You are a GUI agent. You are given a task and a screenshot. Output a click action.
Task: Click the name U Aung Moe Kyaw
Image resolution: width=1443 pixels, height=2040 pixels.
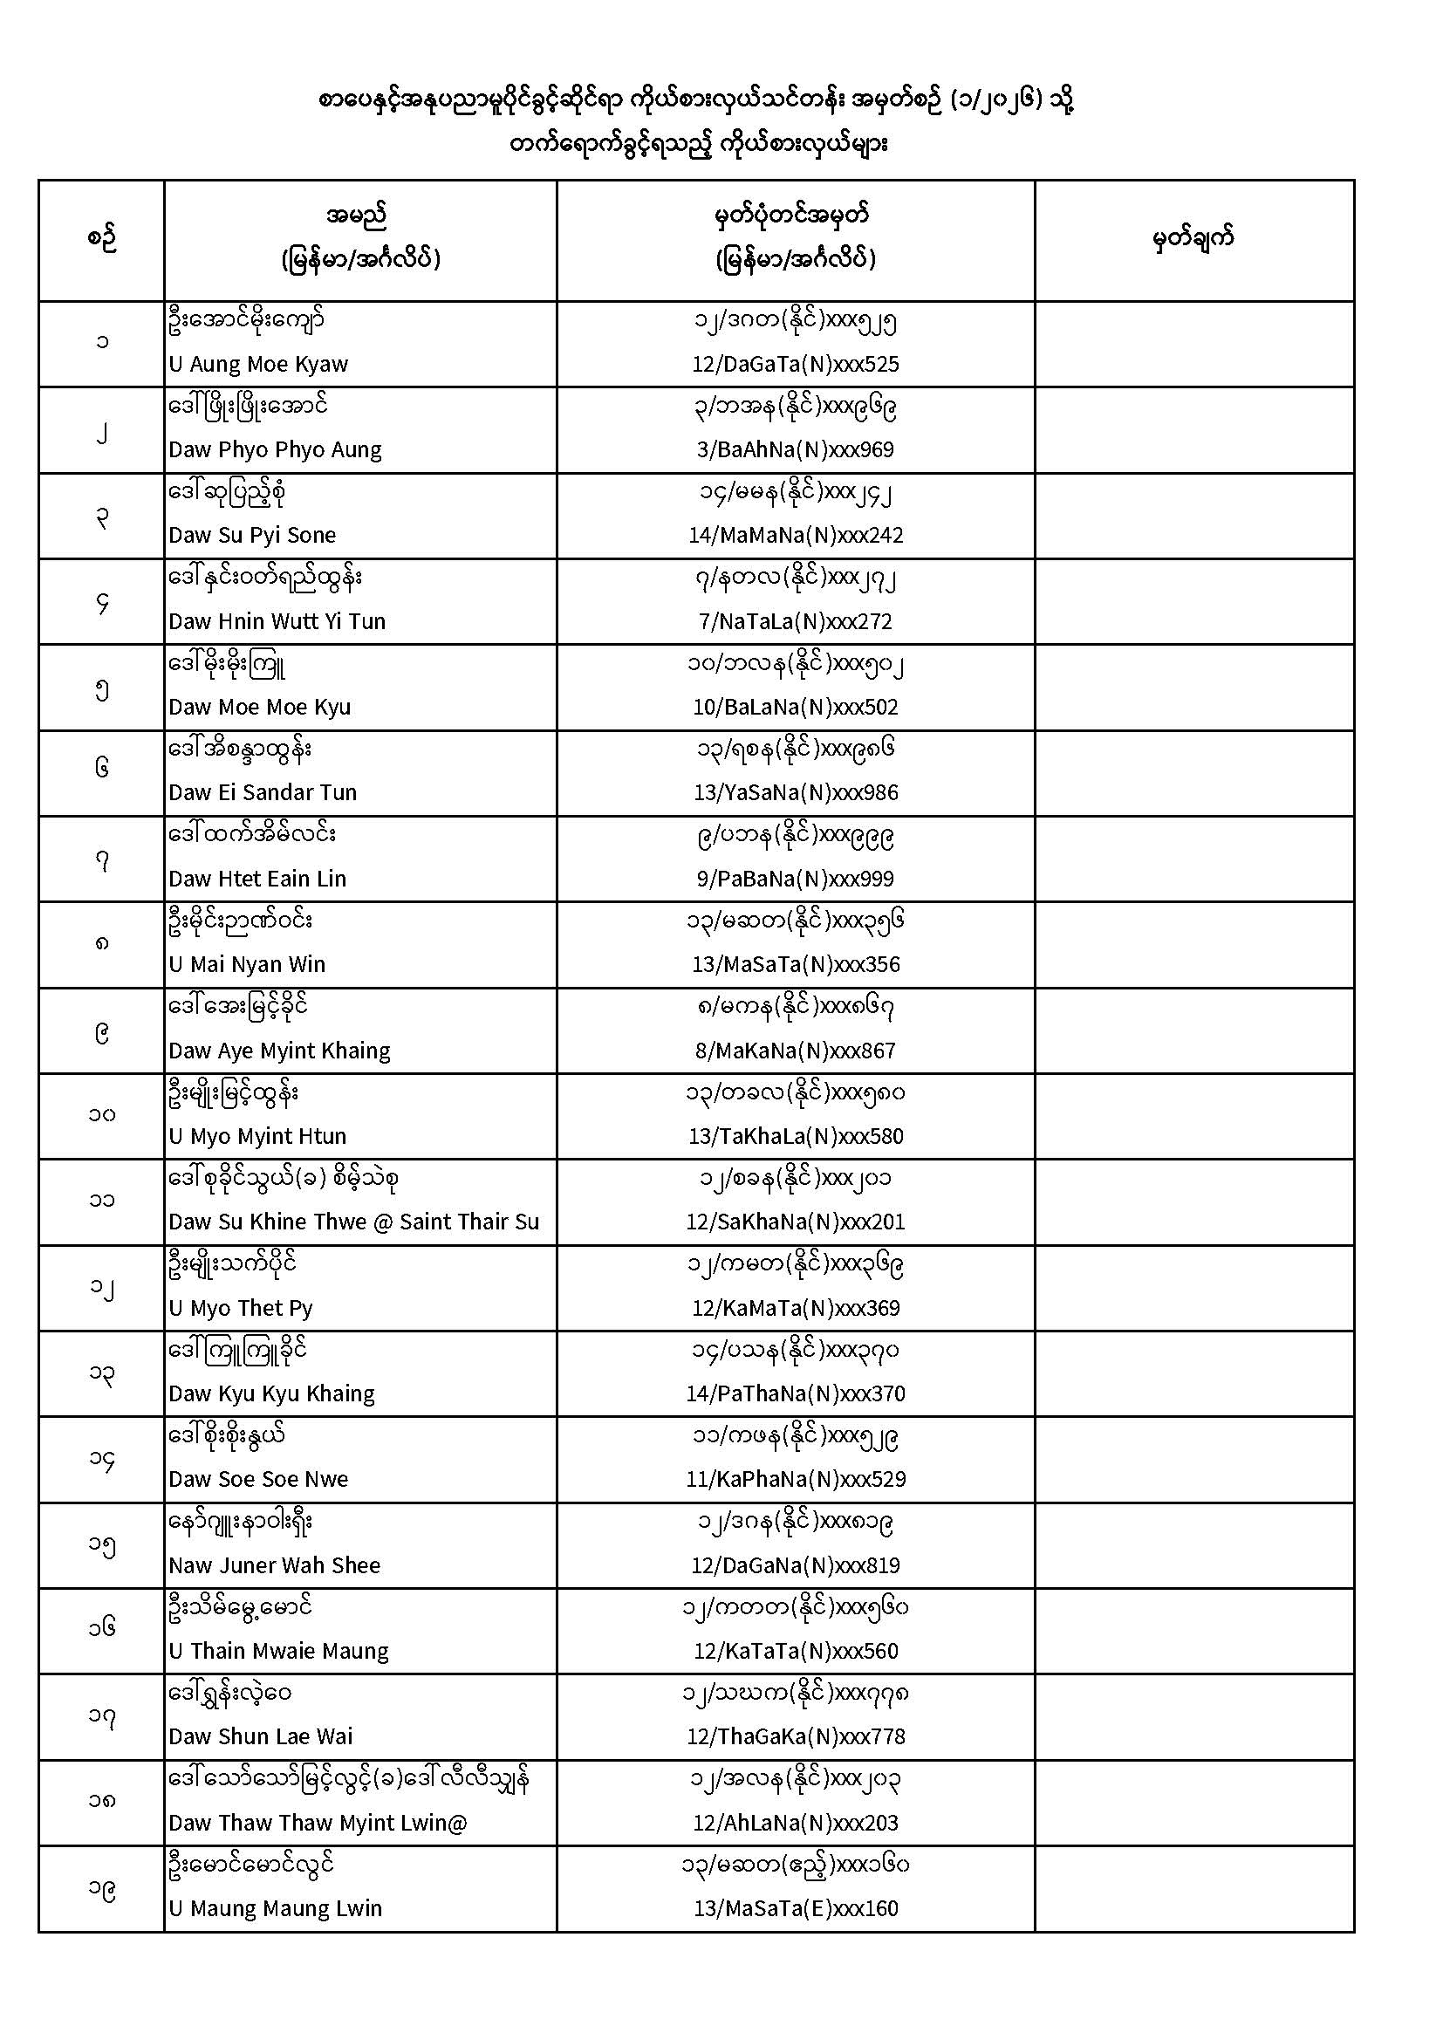click(257, 365)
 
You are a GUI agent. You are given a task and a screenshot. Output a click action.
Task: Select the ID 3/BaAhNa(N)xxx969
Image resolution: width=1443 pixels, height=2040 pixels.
click(795, 449)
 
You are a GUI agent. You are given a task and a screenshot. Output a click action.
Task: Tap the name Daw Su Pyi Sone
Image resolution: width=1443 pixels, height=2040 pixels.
click(252, 536)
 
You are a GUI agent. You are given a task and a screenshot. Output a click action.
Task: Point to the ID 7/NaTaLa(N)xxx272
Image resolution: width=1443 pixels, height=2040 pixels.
click(795, 622)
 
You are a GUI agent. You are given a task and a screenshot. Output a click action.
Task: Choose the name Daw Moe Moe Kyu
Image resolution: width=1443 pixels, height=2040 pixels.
click(259, 708)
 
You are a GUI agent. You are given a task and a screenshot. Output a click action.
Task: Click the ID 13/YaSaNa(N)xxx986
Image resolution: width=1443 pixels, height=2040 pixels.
click(796, 792)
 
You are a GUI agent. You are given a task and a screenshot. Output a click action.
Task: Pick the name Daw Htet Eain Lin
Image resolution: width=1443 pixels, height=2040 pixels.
click(257, 879)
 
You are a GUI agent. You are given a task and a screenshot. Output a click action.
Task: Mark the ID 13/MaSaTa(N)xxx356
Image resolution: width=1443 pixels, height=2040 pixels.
click(796, 965)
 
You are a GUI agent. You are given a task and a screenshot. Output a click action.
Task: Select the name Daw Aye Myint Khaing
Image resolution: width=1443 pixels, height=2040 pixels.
click(279, 1051)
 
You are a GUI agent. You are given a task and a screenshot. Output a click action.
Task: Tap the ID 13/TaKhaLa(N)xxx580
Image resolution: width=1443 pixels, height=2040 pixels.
click(796, 1136)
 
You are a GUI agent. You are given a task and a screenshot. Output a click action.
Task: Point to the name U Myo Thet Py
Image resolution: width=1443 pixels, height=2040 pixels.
click(240, 1308)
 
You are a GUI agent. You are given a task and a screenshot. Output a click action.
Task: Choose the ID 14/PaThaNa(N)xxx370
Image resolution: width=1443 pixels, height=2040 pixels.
click(796, 1393)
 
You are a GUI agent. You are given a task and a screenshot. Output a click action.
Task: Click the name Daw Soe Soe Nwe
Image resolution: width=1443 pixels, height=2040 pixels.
click(257, 1479)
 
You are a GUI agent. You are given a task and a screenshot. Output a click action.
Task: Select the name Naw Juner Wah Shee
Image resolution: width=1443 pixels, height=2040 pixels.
click(274, 1565)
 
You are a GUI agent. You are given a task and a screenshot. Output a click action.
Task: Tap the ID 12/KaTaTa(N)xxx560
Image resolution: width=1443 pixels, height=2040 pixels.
click(796, 1651)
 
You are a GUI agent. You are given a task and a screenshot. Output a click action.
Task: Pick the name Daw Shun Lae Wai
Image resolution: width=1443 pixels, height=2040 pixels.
click(260, 1737)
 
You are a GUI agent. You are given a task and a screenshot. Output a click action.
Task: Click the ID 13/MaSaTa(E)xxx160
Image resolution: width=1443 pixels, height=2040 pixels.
click(796, 1908)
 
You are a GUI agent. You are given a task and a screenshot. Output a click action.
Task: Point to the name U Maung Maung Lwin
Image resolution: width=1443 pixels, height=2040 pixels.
click(275, 1908)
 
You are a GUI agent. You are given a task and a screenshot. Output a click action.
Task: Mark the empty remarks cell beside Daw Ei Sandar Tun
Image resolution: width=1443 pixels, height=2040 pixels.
click(1193, 773)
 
